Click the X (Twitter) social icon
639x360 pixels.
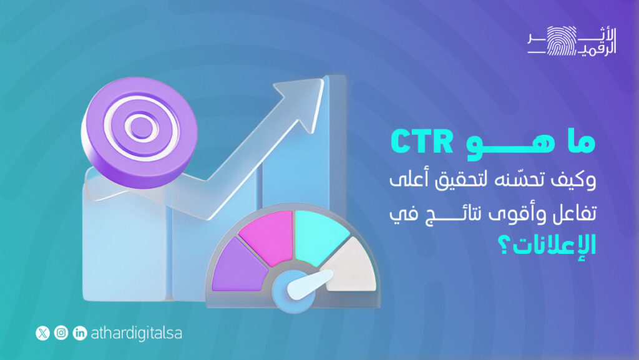tap(42, 333)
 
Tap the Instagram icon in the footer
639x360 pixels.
tap(61, 333)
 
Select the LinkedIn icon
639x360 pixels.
tap(80, 333)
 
